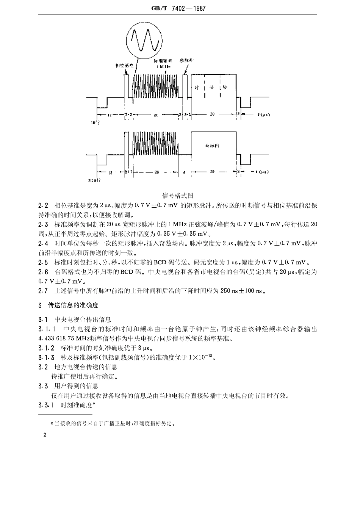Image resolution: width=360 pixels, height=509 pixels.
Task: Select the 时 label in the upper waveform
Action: pos(197,88)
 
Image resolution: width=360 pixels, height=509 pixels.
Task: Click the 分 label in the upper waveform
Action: pos(212,88)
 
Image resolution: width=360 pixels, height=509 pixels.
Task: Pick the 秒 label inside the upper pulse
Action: pos(225,88)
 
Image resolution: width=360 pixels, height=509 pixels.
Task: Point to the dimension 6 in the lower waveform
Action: pos(185,172)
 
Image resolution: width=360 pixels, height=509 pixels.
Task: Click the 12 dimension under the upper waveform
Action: pos(110,114)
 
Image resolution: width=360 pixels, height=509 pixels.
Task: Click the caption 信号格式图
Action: pos(178,196)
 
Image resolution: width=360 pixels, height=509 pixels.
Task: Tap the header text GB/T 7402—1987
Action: pos(178,8)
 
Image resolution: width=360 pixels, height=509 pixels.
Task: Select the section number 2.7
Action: pos(43,291)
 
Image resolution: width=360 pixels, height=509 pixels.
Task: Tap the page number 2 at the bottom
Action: pos(45,435)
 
